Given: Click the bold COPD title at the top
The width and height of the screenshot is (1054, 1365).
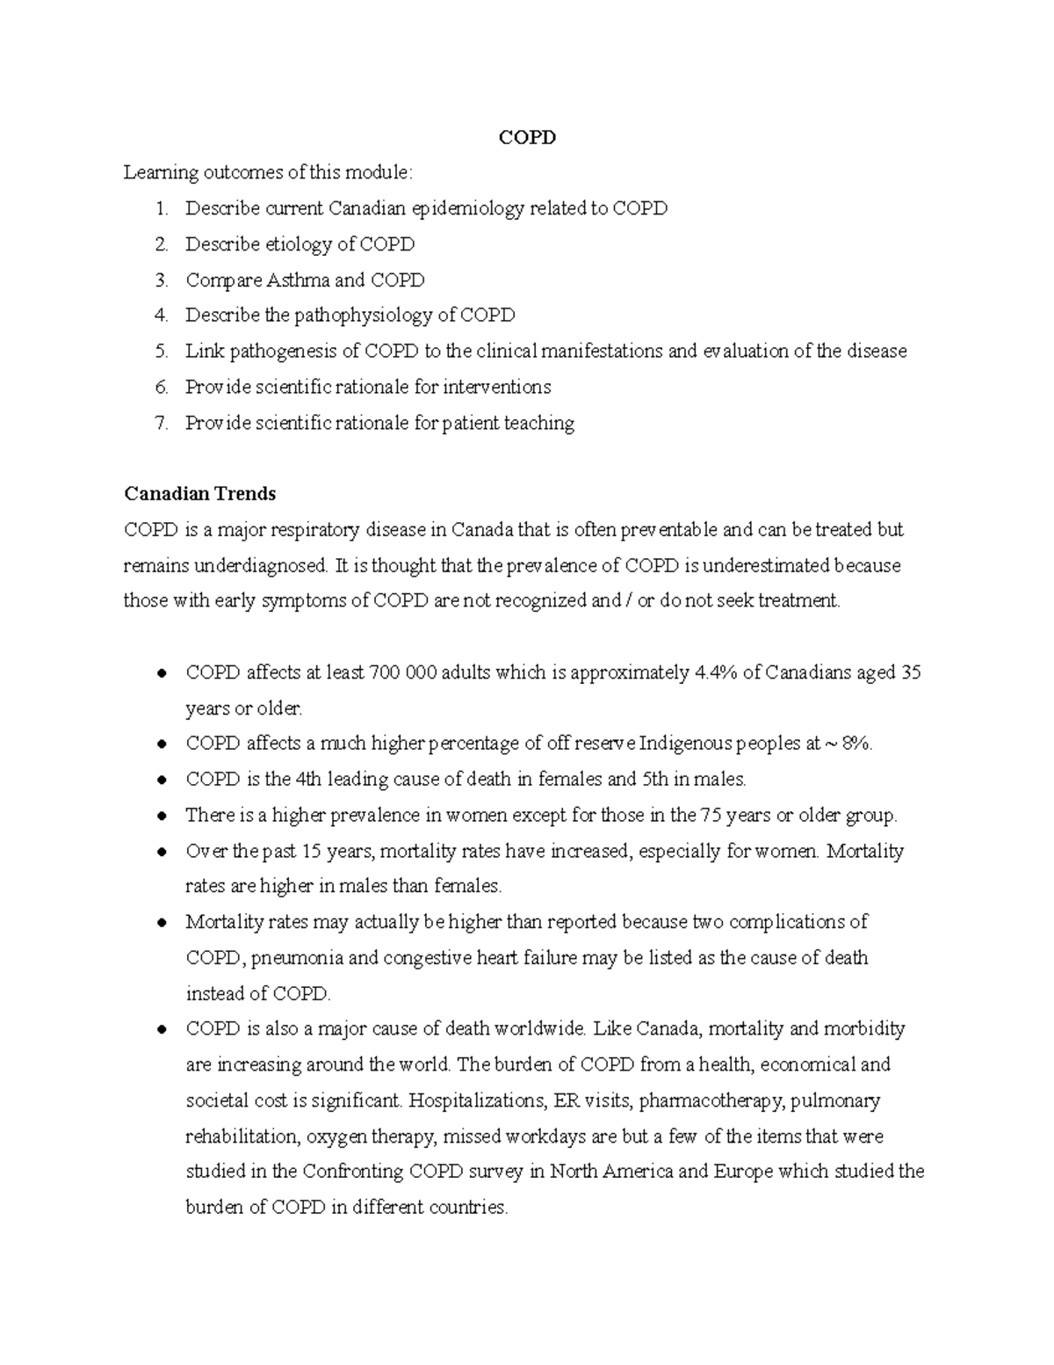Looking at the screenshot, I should [527, 137].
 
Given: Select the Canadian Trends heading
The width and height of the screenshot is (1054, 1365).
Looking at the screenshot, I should [199, 493].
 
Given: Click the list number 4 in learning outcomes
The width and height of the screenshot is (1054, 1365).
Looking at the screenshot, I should [160, 316].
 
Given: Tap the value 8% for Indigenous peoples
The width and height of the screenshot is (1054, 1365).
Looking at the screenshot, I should [856, 744].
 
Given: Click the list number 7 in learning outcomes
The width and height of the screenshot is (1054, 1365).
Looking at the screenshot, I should [160, 423].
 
